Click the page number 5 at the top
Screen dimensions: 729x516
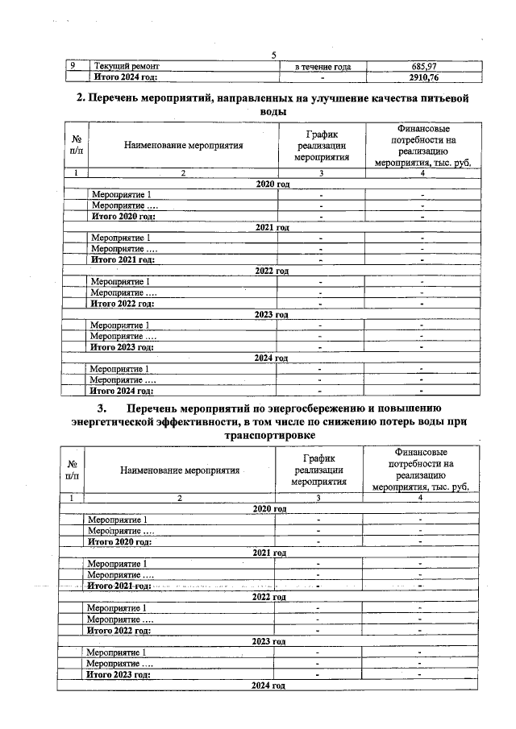tap(274, 55)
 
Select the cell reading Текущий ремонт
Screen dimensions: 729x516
tap(127, 66)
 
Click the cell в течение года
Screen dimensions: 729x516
tap(322, 66)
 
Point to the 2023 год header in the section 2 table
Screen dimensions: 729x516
tap(272, 315)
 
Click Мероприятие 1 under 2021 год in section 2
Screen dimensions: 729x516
tap(121, 238)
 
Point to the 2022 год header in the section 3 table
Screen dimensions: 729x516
tap(269, 597)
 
